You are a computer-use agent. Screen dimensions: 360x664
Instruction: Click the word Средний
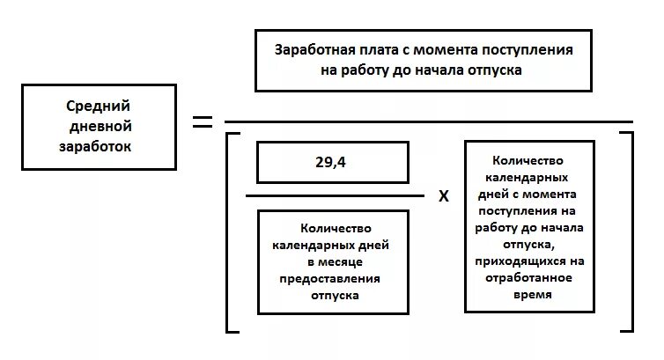point(93,107)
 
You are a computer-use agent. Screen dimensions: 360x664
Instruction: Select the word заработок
point(96,147)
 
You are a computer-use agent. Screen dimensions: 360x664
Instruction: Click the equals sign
point(203,121)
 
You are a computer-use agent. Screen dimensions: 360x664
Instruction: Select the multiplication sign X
point(444,196)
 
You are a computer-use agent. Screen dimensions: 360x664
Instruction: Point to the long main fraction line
point(429,121)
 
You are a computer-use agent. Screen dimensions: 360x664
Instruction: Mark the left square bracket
point(230,232)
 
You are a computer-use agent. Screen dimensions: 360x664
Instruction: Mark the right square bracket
point(627,232)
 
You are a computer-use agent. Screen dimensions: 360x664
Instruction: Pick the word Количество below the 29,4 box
point(333,227)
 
